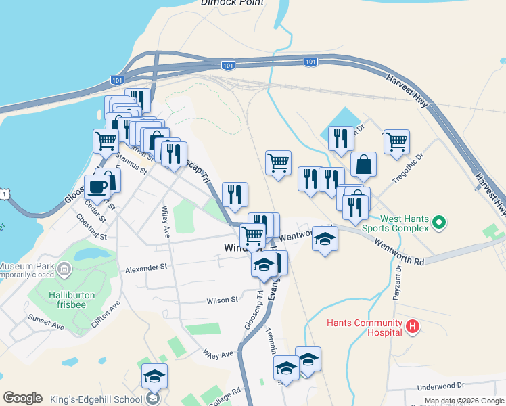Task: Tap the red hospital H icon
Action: (x=413, y=329)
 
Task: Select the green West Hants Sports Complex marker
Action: (x=439, y=221)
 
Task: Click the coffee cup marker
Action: (x=97, y=187)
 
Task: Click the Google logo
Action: (x=22, y=398)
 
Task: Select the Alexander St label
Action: (x=145, y=268)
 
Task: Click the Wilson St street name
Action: (x=223, y=300)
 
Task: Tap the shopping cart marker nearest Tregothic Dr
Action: (x=396, y=142)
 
